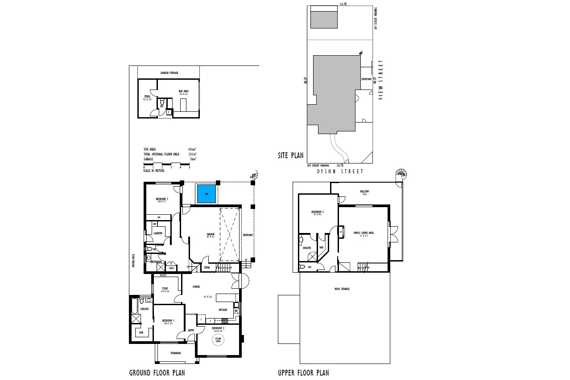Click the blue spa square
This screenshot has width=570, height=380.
207,194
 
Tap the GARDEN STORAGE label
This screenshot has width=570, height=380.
169,73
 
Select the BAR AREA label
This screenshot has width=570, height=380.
183,91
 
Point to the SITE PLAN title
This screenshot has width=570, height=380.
290,155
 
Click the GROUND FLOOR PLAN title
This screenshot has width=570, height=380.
157,372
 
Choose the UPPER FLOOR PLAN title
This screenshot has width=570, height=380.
303,372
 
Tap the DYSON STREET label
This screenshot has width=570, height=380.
340,171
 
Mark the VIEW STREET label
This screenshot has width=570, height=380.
381,80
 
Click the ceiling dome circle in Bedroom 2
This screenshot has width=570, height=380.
218,340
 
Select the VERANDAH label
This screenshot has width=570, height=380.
176,353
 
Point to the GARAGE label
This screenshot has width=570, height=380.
211,234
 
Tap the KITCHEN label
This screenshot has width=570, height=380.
223,310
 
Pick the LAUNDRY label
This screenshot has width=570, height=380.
158,233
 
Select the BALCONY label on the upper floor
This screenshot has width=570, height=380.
365,192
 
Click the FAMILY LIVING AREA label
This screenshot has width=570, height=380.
363,233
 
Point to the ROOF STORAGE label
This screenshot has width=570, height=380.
342,289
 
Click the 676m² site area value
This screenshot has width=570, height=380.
192,149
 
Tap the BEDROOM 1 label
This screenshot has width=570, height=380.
168,321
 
